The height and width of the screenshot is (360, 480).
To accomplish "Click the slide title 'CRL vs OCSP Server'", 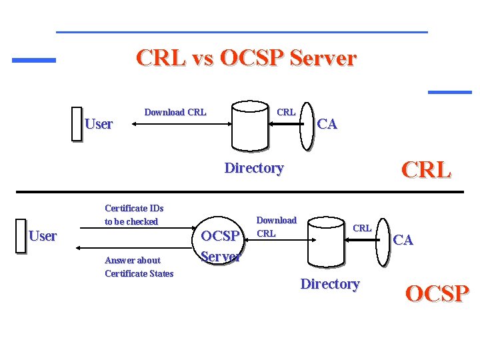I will point(246,58).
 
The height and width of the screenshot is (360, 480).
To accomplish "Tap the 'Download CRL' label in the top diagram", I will point(175,112).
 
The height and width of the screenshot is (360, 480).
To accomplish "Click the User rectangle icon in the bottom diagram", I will point(21,236).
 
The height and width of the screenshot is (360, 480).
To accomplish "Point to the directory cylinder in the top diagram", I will point(250,126).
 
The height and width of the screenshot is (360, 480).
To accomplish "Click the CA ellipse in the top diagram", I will point(306,124).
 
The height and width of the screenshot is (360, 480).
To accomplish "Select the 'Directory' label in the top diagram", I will point(253,168).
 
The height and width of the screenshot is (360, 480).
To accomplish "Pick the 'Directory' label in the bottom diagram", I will point(329,284).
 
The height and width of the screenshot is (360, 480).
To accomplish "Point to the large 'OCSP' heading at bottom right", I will point(437,293).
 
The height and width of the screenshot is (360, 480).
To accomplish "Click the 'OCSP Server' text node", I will point(221,246).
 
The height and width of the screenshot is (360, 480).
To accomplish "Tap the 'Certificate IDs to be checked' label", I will point(133,215).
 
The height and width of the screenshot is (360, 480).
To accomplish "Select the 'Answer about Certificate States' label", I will point(139,267).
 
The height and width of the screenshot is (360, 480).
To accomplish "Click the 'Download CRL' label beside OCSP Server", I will point(276,227).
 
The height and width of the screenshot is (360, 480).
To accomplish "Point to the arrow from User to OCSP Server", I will point(133,230).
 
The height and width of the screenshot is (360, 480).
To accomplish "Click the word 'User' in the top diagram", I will point(99,124).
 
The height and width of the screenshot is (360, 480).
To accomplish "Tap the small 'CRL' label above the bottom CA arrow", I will point(362,228).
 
